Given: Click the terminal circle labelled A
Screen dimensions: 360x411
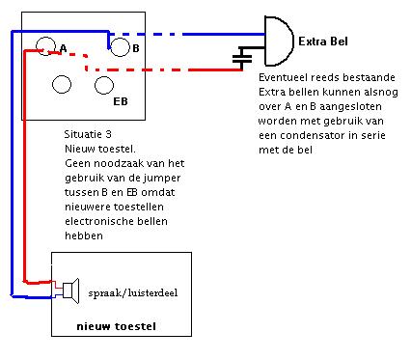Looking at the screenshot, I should (45, 45).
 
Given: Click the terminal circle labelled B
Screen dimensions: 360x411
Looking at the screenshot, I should (120, 46).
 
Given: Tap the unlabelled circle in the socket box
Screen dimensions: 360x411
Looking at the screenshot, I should (61, 84).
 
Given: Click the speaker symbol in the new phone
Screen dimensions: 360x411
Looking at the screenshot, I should (70, 287).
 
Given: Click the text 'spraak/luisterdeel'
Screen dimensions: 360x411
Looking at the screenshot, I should (132, 290).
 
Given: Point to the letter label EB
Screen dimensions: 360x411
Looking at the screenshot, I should (121, 99).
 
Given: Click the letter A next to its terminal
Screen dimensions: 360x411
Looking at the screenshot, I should (63, 47).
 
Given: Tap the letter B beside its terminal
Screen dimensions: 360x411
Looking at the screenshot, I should (136, 47).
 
